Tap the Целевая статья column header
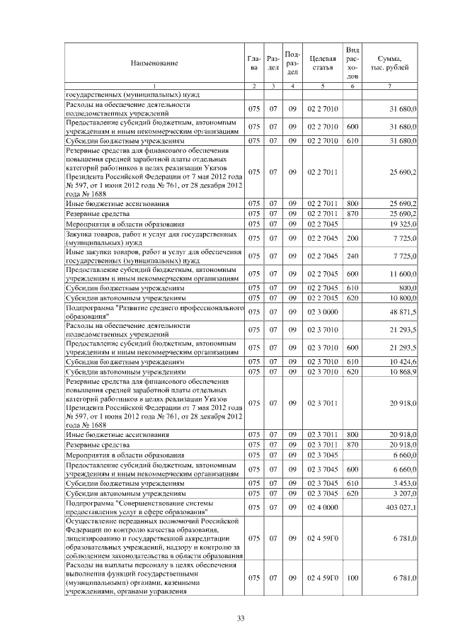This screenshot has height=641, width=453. point(322,63)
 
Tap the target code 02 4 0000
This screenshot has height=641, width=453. point(322,507)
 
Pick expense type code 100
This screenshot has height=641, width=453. point(352,578)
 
